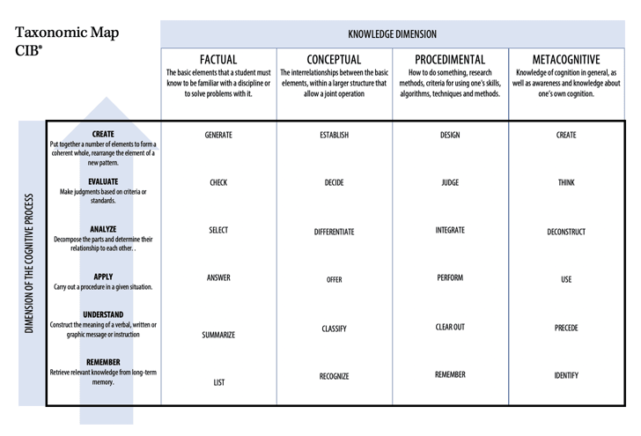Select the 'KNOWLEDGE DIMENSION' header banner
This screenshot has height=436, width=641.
click(x=392, y=34)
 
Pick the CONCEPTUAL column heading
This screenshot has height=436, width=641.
click(x=334, y=60)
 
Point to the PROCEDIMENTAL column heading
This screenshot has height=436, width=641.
click(x=449, y=60)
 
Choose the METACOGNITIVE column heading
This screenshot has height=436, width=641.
click(x=566, y=60)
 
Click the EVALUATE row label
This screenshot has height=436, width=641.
click(x=103, y=182)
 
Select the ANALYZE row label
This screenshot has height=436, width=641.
click(x=103, y=229)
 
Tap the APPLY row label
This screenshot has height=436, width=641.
click(x=103, y=277)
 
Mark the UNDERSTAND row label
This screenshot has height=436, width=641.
click(x=103, y=314)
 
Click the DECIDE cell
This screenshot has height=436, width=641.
click(x=334, y=183)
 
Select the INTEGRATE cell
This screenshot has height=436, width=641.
click(x=450, y=230)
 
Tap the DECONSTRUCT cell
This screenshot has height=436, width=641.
click(x=566, y=233)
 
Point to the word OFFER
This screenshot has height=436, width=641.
click(x=334, y=279)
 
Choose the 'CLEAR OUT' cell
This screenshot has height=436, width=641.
click(x=450, y=327)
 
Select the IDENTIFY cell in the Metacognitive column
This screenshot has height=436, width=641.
click(x=566, y=375)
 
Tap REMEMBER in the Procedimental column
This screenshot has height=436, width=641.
click(x=450, y=374)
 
